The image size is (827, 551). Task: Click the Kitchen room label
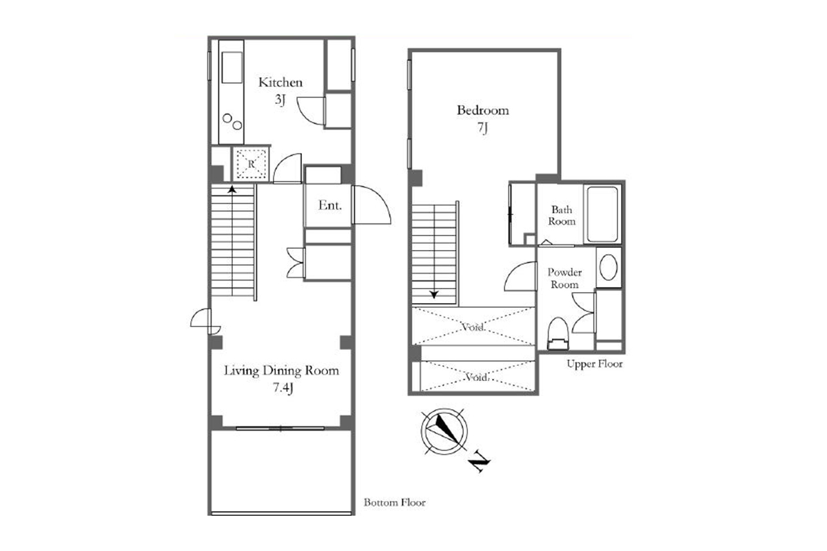tap(280, 82)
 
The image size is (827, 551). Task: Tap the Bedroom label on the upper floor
tap(482, 110)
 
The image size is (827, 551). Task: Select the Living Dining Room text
tap(281, 371)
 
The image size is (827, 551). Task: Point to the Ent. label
tap(329, 205)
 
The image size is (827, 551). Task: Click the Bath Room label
tap(562, 216)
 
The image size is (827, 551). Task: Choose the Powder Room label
tap(564, 278)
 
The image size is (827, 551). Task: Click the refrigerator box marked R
tap(251, 164)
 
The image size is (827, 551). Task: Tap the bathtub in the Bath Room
tap(602, 214)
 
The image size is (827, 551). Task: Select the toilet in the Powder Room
tap(558, 333)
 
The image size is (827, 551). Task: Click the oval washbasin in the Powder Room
tap(609, 267)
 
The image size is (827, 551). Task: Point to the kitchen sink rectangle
tap(232, 67)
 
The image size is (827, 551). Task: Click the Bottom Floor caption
tap(394, 502)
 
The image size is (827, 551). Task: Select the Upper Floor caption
tap(594, 364)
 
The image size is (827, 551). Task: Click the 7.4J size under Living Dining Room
tap(283, 388)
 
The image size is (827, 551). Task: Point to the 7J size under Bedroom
tap(482, 128)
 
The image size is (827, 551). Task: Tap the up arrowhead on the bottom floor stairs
tap(232, 189)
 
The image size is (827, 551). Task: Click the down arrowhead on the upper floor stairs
tap(434, 295)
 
